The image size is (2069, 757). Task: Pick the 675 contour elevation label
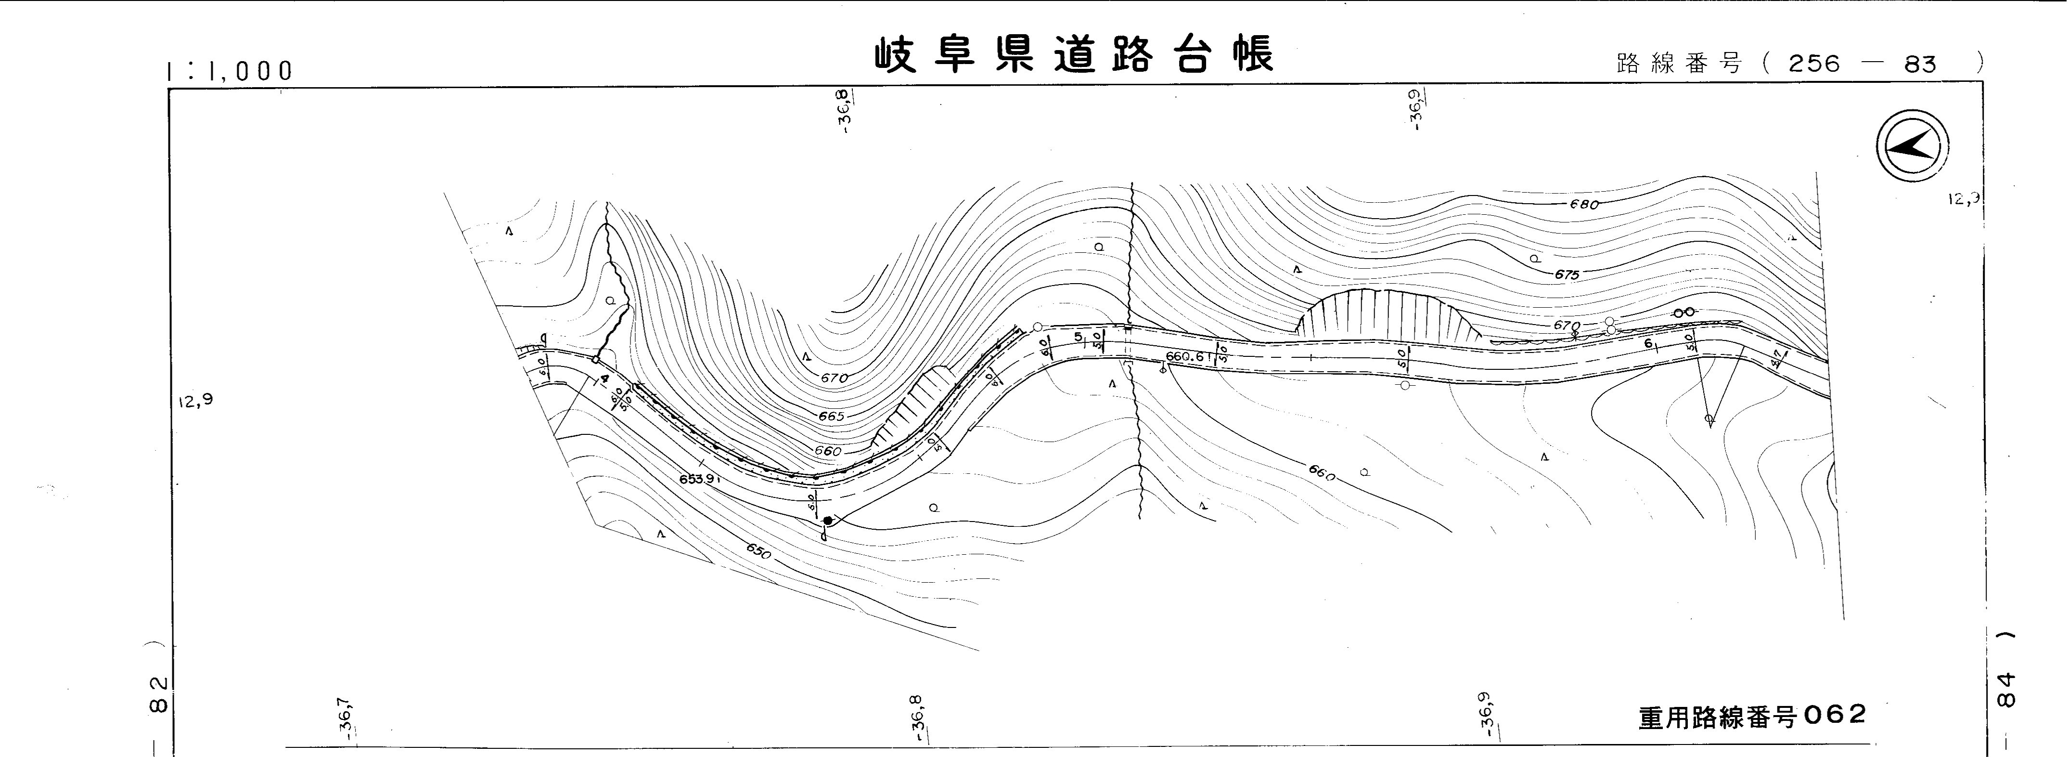pos(1566,274)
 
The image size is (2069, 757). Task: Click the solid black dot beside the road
pos(828,521)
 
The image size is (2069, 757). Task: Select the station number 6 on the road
pos(1649,343)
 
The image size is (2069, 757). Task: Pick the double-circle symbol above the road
pos(1683,312)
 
